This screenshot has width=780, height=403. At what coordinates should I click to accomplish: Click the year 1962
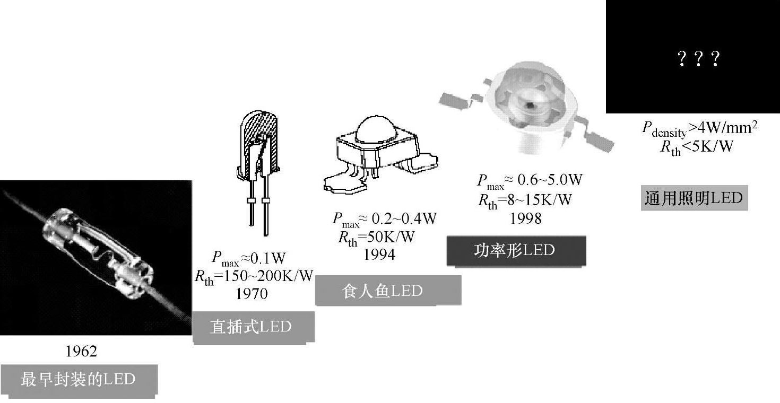[x=81, y=351]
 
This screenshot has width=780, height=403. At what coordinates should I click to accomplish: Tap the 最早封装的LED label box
[x=79, y=380]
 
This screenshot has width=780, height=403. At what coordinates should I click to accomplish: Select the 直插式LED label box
[x=253, y=327]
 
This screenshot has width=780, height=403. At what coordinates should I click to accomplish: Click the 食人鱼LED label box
[x=387, y=290]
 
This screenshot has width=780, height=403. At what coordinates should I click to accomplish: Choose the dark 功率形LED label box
[x=516, y=250]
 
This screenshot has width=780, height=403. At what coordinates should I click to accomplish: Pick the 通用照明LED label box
[x=694, y=198]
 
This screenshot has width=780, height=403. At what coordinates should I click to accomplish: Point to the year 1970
[x=252, y=293]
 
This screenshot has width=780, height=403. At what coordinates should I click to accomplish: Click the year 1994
[x=379, y=255]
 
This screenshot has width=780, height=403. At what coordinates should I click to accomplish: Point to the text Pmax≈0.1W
[x=249, y=259]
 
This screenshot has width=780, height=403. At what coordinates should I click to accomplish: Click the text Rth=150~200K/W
[x=254, y=276]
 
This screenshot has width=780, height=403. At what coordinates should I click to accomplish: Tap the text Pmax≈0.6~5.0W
[x=530, y=181]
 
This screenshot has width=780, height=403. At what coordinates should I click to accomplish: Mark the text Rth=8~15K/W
[x=525, y=200]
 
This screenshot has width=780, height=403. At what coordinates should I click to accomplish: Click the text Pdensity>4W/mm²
[x=697, y=128]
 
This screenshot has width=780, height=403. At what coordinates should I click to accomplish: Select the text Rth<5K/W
[x=696, y=146]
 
